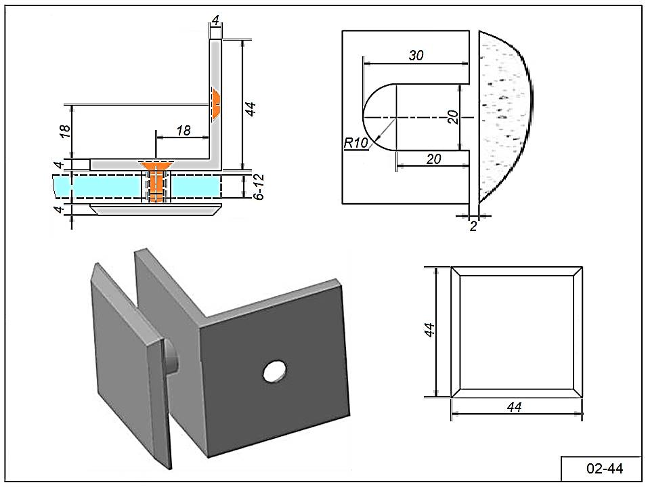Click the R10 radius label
[x=354, y=143]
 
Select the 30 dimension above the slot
[x=416, y=56]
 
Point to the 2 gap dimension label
[x=473, y=226]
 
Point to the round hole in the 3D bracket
[x=274, y=371]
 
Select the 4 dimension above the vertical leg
[x=215, y=21]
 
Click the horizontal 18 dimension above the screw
[x=183, y=130]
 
